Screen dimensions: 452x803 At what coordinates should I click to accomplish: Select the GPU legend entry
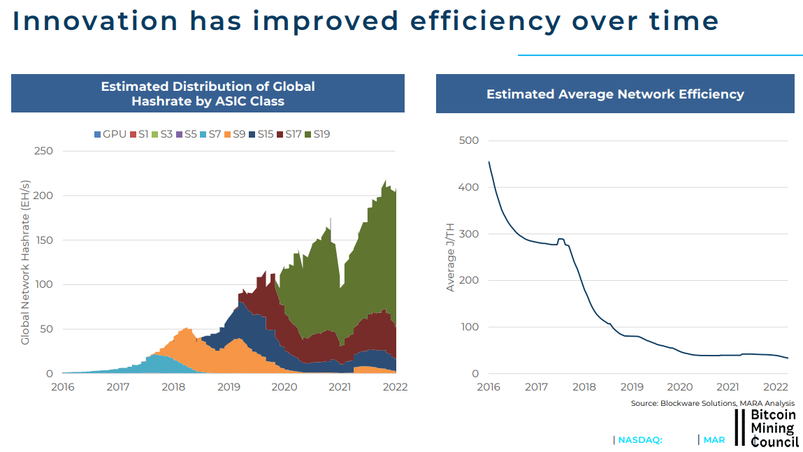[x=110, y=133]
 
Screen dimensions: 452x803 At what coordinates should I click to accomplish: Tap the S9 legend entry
[x=235, y=133]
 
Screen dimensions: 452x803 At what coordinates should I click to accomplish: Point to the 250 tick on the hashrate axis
[x=43, y=151]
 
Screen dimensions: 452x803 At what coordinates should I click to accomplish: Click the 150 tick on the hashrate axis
[x=43, y=240]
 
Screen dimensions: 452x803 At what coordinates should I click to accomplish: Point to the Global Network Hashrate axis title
[x=25, y=263]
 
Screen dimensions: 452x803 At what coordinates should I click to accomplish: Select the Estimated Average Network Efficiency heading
[x=615, y=94]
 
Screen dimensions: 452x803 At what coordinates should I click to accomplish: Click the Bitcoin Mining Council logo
[x=767, y=428]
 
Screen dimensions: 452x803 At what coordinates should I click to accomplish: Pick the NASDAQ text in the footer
[x=639, y=440]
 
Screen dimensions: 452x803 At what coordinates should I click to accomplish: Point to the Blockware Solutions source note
[x=713, y=404]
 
